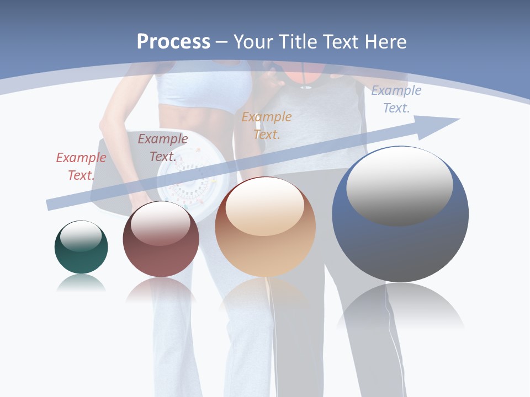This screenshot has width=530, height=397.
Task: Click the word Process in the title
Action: point(173,41)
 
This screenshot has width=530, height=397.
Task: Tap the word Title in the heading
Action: point(295,41)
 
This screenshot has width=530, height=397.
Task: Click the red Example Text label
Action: point(81,166)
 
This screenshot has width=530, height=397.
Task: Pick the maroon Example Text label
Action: point(162,147)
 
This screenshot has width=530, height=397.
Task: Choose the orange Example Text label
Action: point(267,125)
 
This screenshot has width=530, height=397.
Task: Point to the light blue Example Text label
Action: point(396,99)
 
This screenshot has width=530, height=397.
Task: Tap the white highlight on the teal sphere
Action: point(81,235)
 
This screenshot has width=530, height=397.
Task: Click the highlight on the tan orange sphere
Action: point(264,207)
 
